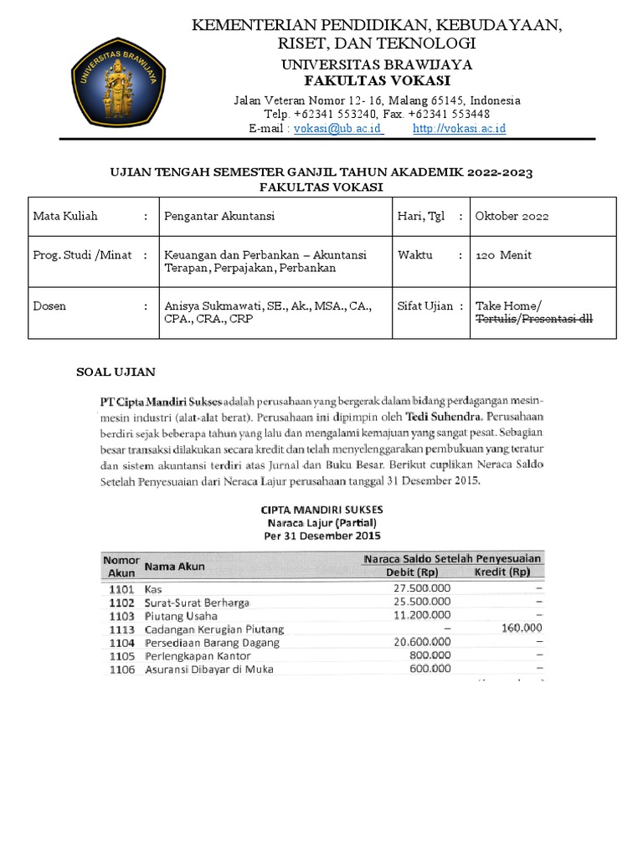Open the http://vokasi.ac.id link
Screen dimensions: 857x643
[x=459, y=128]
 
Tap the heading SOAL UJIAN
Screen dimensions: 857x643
[x=116, y=371]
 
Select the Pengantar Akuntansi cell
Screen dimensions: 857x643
[x=219, y=216]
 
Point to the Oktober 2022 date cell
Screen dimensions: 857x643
[x=512, y=216]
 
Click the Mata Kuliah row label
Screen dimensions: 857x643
[x=65, y=216]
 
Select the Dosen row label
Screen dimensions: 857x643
[x=49, y=306]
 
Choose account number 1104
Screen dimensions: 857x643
[x=121, y=642]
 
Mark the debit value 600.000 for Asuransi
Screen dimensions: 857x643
[x=430, y=669]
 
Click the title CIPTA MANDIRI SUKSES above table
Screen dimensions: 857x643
[x=322, y=508]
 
